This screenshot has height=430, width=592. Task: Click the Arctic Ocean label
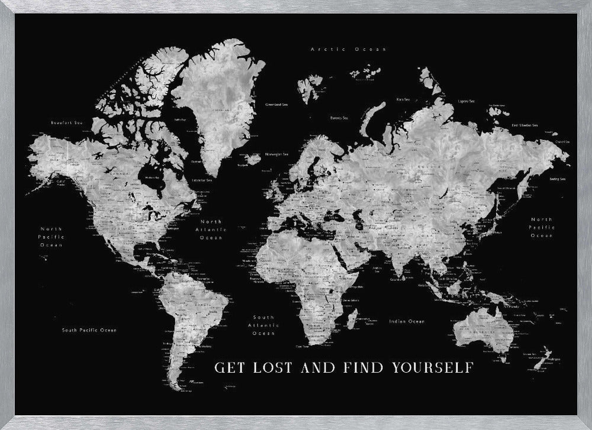(x=348, y=49)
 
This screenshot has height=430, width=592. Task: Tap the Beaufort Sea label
(x=66, y=122)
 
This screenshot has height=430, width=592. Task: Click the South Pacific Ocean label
(x=89, y=330)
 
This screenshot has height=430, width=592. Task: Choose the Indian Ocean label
(x=407, y=321)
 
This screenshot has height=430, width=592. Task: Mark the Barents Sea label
(x=339, y=117)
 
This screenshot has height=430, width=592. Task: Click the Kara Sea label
(x=404, y=99)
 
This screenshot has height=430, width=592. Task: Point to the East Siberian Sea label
(x=525, y=125)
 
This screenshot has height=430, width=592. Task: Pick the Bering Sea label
(x=557, y=179)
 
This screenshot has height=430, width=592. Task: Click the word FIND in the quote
(x=365, y=367)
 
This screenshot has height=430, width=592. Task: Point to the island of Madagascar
(x=351, y=319)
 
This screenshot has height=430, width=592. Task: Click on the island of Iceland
(x=253, y=159)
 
